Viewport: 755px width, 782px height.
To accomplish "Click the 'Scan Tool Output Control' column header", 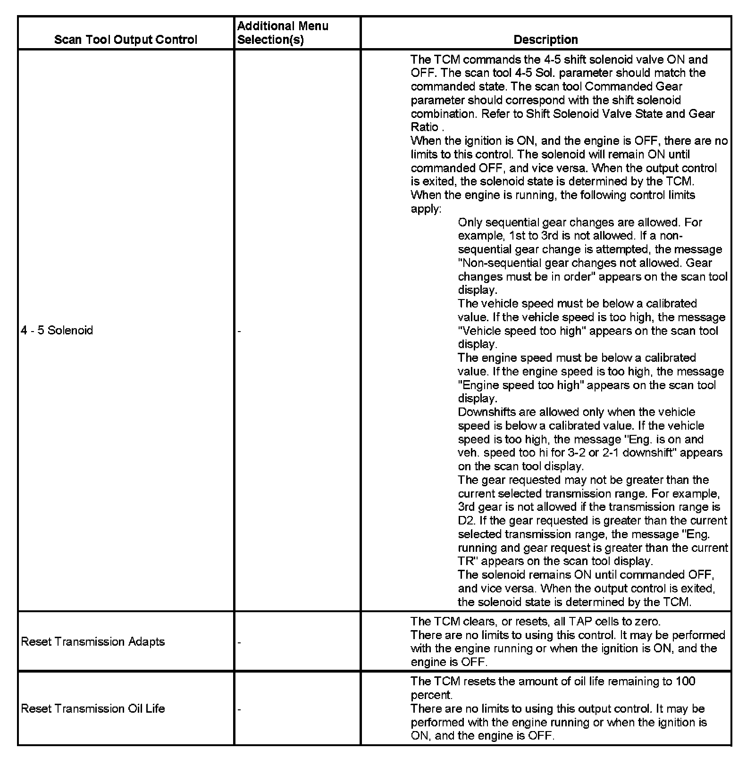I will click(126, 40).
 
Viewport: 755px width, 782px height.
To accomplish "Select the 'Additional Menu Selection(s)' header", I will click(283, 33).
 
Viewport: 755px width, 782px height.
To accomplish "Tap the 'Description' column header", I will click(545, 40).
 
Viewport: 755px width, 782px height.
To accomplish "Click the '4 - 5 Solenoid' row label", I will click(57, 330).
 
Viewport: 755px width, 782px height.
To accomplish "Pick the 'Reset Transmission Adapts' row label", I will click(93, 641).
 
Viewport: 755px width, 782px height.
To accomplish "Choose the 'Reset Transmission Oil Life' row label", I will click(93, 708).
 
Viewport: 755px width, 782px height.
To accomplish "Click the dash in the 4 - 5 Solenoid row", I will click(239, 331).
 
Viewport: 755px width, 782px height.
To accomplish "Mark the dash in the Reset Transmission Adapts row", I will click(239, 642).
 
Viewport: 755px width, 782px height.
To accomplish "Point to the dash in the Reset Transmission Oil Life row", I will click(239, 709).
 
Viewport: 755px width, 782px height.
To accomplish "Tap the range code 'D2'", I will click(466, 521).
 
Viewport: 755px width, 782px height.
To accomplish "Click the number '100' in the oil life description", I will click(685, 682).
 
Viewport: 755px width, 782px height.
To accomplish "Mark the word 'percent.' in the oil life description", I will click(431, 695).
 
